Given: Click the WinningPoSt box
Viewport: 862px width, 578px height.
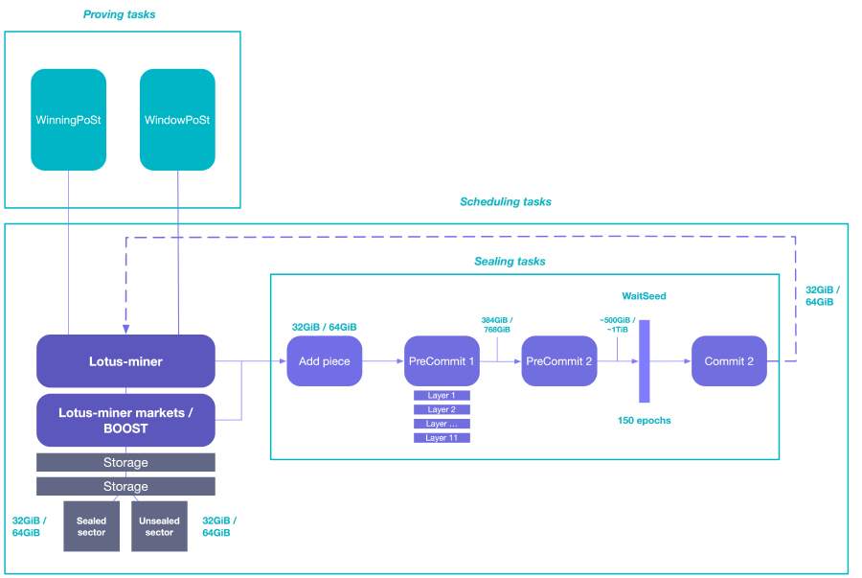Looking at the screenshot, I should [x=68, y=120].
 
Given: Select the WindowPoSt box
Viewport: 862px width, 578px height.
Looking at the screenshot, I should [x=177, y=120].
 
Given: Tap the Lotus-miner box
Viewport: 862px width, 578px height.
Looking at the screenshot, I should [x=125, y=361].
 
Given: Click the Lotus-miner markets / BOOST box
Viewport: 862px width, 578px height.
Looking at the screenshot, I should [x=125, y=421].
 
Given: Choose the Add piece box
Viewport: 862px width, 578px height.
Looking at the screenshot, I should [x=325, y=361].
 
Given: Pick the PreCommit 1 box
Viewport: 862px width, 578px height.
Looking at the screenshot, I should [x=442, y=361].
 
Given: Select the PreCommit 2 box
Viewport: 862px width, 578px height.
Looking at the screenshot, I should [x=558, y=361].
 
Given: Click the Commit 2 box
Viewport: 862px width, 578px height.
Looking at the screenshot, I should [x=729, y=361].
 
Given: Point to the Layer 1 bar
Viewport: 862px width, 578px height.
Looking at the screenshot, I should [x=442, y=395].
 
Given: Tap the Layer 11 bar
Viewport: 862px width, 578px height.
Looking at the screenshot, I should [x=442, y=438].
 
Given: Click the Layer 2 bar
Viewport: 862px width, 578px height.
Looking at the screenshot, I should [x=442, y=409].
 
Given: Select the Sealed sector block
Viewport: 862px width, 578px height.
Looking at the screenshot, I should [x=92, y=526].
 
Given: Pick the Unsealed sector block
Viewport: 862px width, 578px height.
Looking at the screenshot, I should [x=159, y=526].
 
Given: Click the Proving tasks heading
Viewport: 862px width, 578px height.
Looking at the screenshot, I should [x=120, y=14].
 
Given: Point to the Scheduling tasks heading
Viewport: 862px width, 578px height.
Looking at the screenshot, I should [x=506, y=202].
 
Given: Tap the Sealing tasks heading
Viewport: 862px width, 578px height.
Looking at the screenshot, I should [x=510, y=261].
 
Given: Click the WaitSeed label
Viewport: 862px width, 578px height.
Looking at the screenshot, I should [x=644, y=296].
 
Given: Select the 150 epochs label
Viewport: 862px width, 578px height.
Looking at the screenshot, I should [x=644, y=421].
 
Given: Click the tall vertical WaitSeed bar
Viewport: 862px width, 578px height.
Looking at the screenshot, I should [x=645, y=361].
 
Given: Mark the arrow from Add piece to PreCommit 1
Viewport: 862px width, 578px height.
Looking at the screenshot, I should [x=383, y=361].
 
